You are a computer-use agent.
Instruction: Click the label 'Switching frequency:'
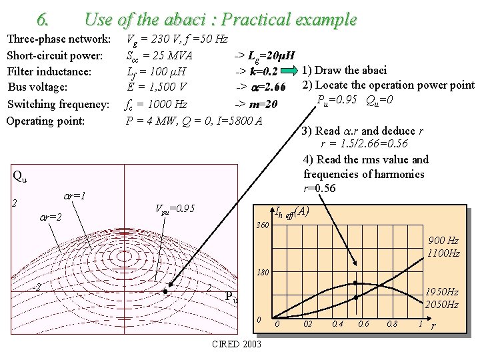coord(58,104)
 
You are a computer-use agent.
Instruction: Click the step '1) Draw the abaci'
coord(349,70)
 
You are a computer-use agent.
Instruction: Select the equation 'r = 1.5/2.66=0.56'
coord(365,144)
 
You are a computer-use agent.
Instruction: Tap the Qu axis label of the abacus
coord(21,176)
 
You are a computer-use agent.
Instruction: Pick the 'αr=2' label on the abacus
coord(50,217)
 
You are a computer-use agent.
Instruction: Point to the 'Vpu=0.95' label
coord(175,209)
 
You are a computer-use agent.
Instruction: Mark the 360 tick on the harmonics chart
coord(263,225)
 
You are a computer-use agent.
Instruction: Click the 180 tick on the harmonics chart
coord(263,273)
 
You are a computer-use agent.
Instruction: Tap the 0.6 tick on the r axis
coord(364,324)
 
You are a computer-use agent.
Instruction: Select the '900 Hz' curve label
coord(443,241)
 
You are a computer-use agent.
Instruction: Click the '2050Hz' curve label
coord(443,305)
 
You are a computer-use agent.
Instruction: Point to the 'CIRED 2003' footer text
coord(236,345)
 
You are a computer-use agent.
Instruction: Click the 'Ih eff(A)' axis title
coord(292,212)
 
